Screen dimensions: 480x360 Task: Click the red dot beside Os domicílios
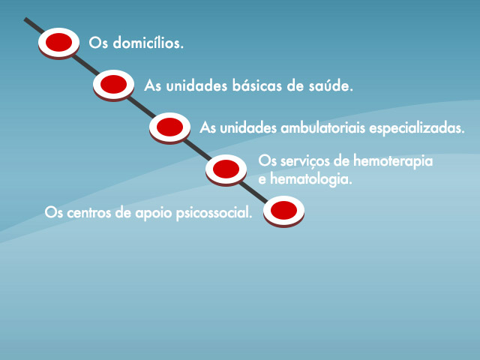tap(58, 42)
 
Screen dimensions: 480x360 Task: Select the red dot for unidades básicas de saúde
tap(113, 84)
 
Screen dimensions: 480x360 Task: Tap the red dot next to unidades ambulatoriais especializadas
tap(170, 127)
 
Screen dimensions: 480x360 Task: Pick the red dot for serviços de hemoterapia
tap(226, 169)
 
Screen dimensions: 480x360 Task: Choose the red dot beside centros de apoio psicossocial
tap(283, 210)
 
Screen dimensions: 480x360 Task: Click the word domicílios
tap(148, 43)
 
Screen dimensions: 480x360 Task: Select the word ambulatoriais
tap(323, 127)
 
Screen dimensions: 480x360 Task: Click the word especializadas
tap(417, 128)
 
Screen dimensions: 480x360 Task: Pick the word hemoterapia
tap(393, 161)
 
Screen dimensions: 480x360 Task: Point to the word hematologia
tap(311, 179)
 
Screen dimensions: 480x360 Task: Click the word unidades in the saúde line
tap(196, 85)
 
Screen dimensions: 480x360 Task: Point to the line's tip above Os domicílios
tap(25, 19)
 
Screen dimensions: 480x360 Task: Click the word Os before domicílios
tap(98, 43)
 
